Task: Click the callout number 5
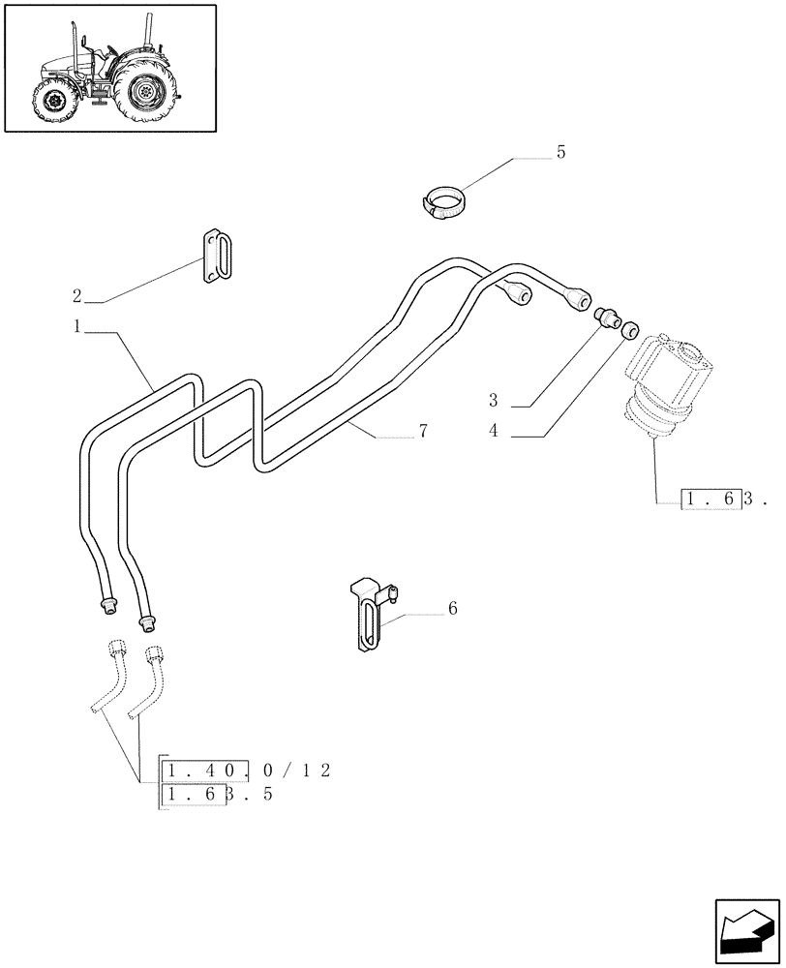click(x=560, y=153)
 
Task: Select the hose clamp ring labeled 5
click(x=444, y=204)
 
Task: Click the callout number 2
click(x=77, y=295)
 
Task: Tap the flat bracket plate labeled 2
click(x=217, y=257)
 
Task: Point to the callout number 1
click(x=77, y=327)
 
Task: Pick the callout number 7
click(x=423, y=432)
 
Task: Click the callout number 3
click(x=493, y=400)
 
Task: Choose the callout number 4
click(x=493, y=431)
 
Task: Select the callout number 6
click(x=452, y=609)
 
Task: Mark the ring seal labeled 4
click(x=630, y=330)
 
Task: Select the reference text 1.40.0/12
click(x=248, y=771)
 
